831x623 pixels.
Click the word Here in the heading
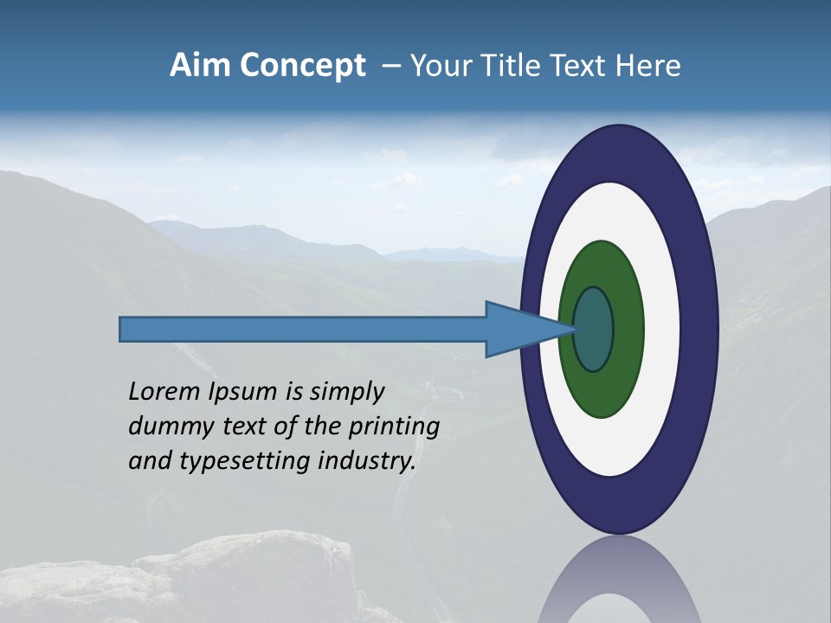click(648, 66)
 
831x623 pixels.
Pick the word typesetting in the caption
click(237, 462)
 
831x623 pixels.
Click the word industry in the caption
click(367, 461)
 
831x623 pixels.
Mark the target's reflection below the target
click(620, 584)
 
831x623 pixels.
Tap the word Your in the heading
click(438, 66)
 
